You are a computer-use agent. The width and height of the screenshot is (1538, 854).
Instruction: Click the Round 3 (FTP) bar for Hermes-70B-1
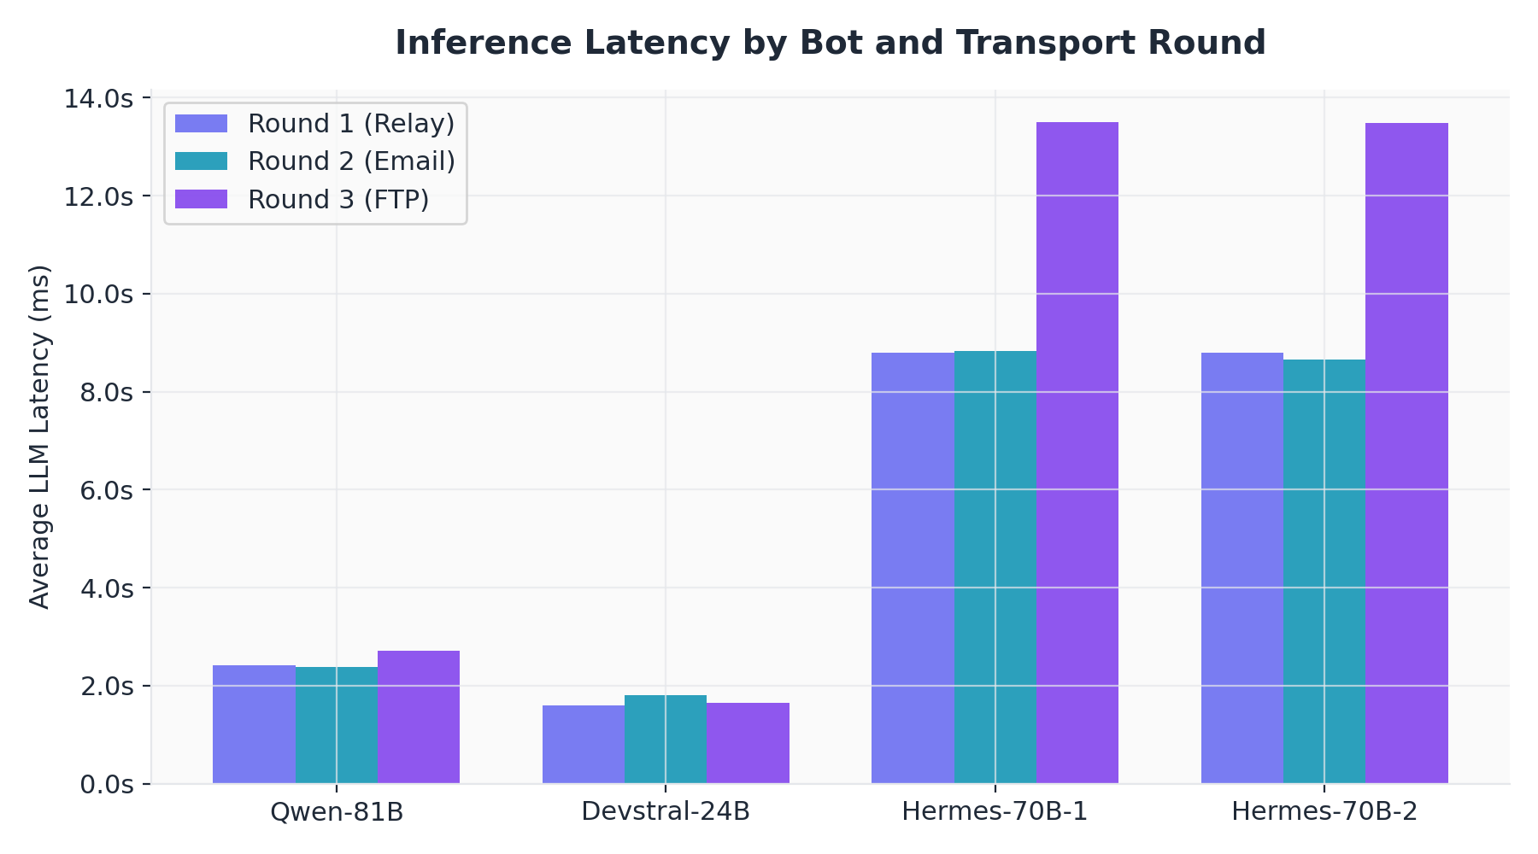coord(1077,453)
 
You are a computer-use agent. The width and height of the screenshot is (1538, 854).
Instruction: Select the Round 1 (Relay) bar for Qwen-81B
coord(254,724)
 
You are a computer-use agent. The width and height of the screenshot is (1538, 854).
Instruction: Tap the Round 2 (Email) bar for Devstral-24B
coord(666,740)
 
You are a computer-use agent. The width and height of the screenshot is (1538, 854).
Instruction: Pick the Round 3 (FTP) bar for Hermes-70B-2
coord(1406,453)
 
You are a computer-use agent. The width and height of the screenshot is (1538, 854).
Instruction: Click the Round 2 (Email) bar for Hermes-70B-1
coord(995,567)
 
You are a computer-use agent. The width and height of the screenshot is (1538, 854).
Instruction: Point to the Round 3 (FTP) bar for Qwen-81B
coord(419,717)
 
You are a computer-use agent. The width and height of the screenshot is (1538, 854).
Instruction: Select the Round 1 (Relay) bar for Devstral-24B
coord(584,745)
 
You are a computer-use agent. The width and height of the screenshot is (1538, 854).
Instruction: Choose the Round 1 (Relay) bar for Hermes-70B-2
coord(1242,568)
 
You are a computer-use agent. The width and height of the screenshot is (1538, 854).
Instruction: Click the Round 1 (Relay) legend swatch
coord(201,124)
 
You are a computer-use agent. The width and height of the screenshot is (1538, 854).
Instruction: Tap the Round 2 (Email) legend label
coord(351,161)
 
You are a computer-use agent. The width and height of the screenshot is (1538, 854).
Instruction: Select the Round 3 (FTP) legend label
coord(338,199)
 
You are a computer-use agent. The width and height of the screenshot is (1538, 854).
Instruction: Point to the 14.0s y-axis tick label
coord(99,99)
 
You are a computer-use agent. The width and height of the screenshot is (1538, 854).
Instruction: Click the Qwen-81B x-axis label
coord(336,811)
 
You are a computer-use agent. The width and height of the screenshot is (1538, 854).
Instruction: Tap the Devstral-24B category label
coord(666,811)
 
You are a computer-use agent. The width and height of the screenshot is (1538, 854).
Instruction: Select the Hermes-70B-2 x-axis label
coord(1324,811)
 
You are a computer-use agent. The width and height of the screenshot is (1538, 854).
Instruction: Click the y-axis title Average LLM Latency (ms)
coord(39,436)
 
